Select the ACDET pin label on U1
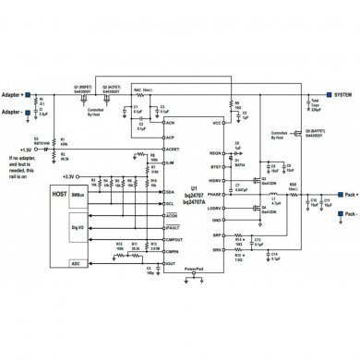point(172,149)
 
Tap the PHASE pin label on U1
point(216,196)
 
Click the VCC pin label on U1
point(218,123)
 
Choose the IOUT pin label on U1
point(170,263)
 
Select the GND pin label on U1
point(218,221)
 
